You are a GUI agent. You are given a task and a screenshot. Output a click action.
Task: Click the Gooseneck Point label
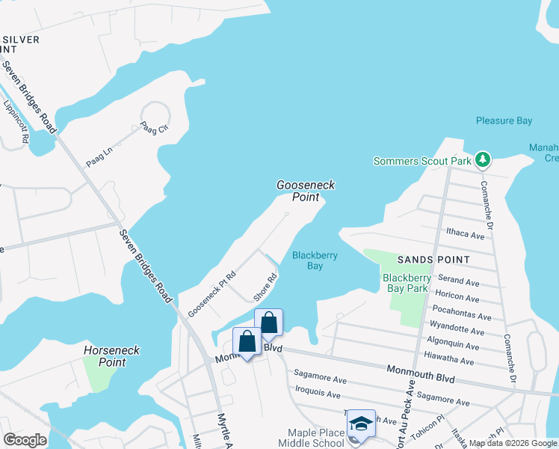coord(306,191)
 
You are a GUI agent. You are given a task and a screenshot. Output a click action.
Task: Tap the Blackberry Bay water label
coord(315,260)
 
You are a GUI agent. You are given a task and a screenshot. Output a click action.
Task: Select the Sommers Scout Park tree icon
coord(484,159)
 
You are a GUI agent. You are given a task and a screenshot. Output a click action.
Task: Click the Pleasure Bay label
coord(504,120)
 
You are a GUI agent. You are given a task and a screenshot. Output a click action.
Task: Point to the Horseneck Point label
coord(105,355)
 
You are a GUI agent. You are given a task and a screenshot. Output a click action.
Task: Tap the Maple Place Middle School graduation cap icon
coord(361,424)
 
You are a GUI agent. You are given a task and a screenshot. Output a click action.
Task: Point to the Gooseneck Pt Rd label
coord(211,293)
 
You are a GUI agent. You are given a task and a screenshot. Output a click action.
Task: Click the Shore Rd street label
coord(265,287)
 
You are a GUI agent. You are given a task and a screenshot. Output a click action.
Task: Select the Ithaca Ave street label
coord(465,234)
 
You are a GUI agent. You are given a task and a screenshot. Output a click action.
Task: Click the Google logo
coord(25,440)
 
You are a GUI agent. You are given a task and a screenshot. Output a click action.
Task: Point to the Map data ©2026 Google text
coord(513,443)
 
